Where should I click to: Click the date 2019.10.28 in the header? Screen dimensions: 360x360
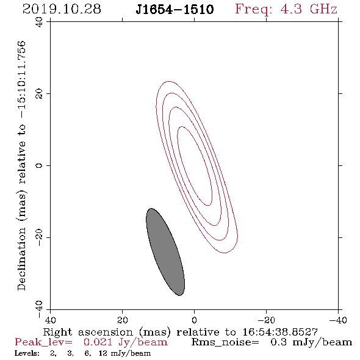click(x=62, y=9)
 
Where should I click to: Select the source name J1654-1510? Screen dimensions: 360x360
click(x=175, y=10)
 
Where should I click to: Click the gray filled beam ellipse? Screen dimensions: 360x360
click(x=165, y=252)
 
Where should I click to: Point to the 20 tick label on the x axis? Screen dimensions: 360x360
click(x=123, y=320)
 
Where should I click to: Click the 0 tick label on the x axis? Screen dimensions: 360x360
click(x=194, y=320)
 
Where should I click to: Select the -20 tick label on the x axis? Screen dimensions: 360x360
click(x=266, y=320)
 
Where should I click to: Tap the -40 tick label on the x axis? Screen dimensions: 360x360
click(x=338, y=320)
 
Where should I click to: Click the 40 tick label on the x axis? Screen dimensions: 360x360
click(x=50, y=320)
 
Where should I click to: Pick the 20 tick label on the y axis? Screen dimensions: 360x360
click(x=39, y=94)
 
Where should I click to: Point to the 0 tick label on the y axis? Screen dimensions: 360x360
click(x=39, y=165)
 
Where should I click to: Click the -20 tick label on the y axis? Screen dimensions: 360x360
click(x=39, y=237)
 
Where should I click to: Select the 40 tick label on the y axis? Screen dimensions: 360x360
click(x=39, y=22)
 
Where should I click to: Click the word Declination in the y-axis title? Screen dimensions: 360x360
click(x=21, y=259)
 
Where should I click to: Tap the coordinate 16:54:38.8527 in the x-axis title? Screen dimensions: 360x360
click(x=280, y=332)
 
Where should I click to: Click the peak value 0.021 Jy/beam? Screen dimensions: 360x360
click(x=125, y=342)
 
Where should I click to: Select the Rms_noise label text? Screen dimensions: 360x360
click(x=225, y=342)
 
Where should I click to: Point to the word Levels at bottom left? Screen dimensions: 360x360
click(x=27, y=353)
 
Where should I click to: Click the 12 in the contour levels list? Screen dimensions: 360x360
click(x=103, y=353)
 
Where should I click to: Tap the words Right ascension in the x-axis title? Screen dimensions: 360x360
click(x=88, y=332)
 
